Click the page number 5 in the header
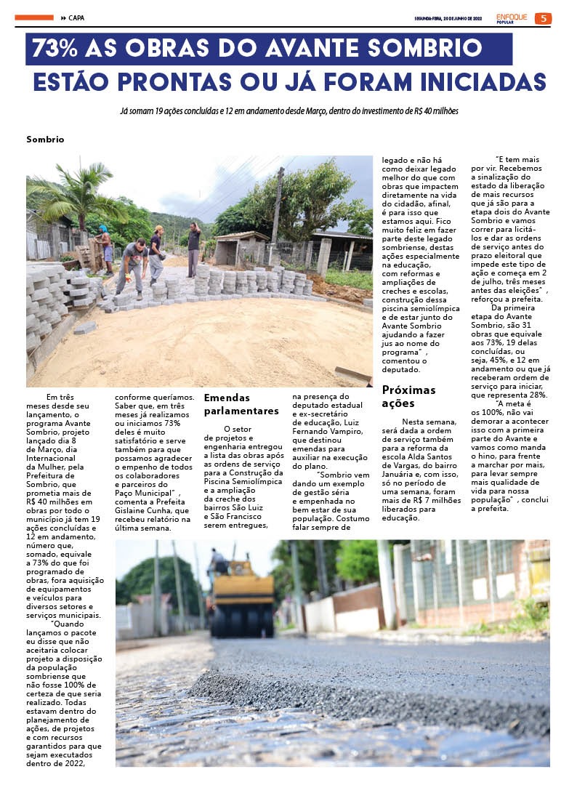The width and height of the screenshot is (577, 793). click(542, 18)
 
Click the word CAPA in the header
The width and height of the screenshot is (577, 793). click(76, 18)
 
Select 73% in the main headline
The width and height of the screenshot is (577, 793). click(55, 49)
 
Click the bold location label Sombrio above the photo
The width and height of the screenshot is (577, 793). click(45, 139)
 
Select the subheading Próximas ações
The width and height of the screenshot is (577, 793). click(408, 396)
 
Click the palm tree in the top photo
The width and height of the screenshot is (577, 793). click(76, 193)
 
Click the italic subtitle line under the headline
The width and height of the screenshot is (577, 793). click(288, 111)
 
